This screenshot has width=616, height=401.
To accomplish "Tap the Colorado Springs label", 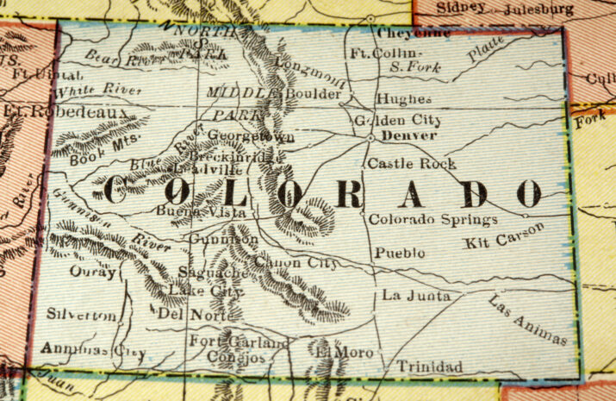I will pyautogui.click(x=432, y=220).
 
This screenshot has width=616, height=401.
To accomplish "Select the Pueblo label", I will pyautogui.click(x=400, y=254).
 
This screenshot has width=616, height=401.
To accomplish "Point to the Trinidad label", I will pyautogui.click(x=429, y=367).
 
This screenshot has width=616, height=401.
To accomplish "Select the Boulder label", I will pyautogui.click(x=313, y=93).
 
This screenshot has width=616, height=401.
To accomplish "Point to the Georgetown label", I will pyautogui.click(x=251, y=136).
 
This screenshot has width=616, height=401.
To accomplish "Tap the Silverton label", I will pyautogui.click(x=81, y=316).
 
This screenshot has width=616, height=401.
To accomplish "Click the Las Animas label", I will pyautogui.click(x=528, y=320).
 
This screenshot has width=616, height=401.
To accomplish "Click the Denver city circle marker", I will pyautogui.click(x=370, y=136).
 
